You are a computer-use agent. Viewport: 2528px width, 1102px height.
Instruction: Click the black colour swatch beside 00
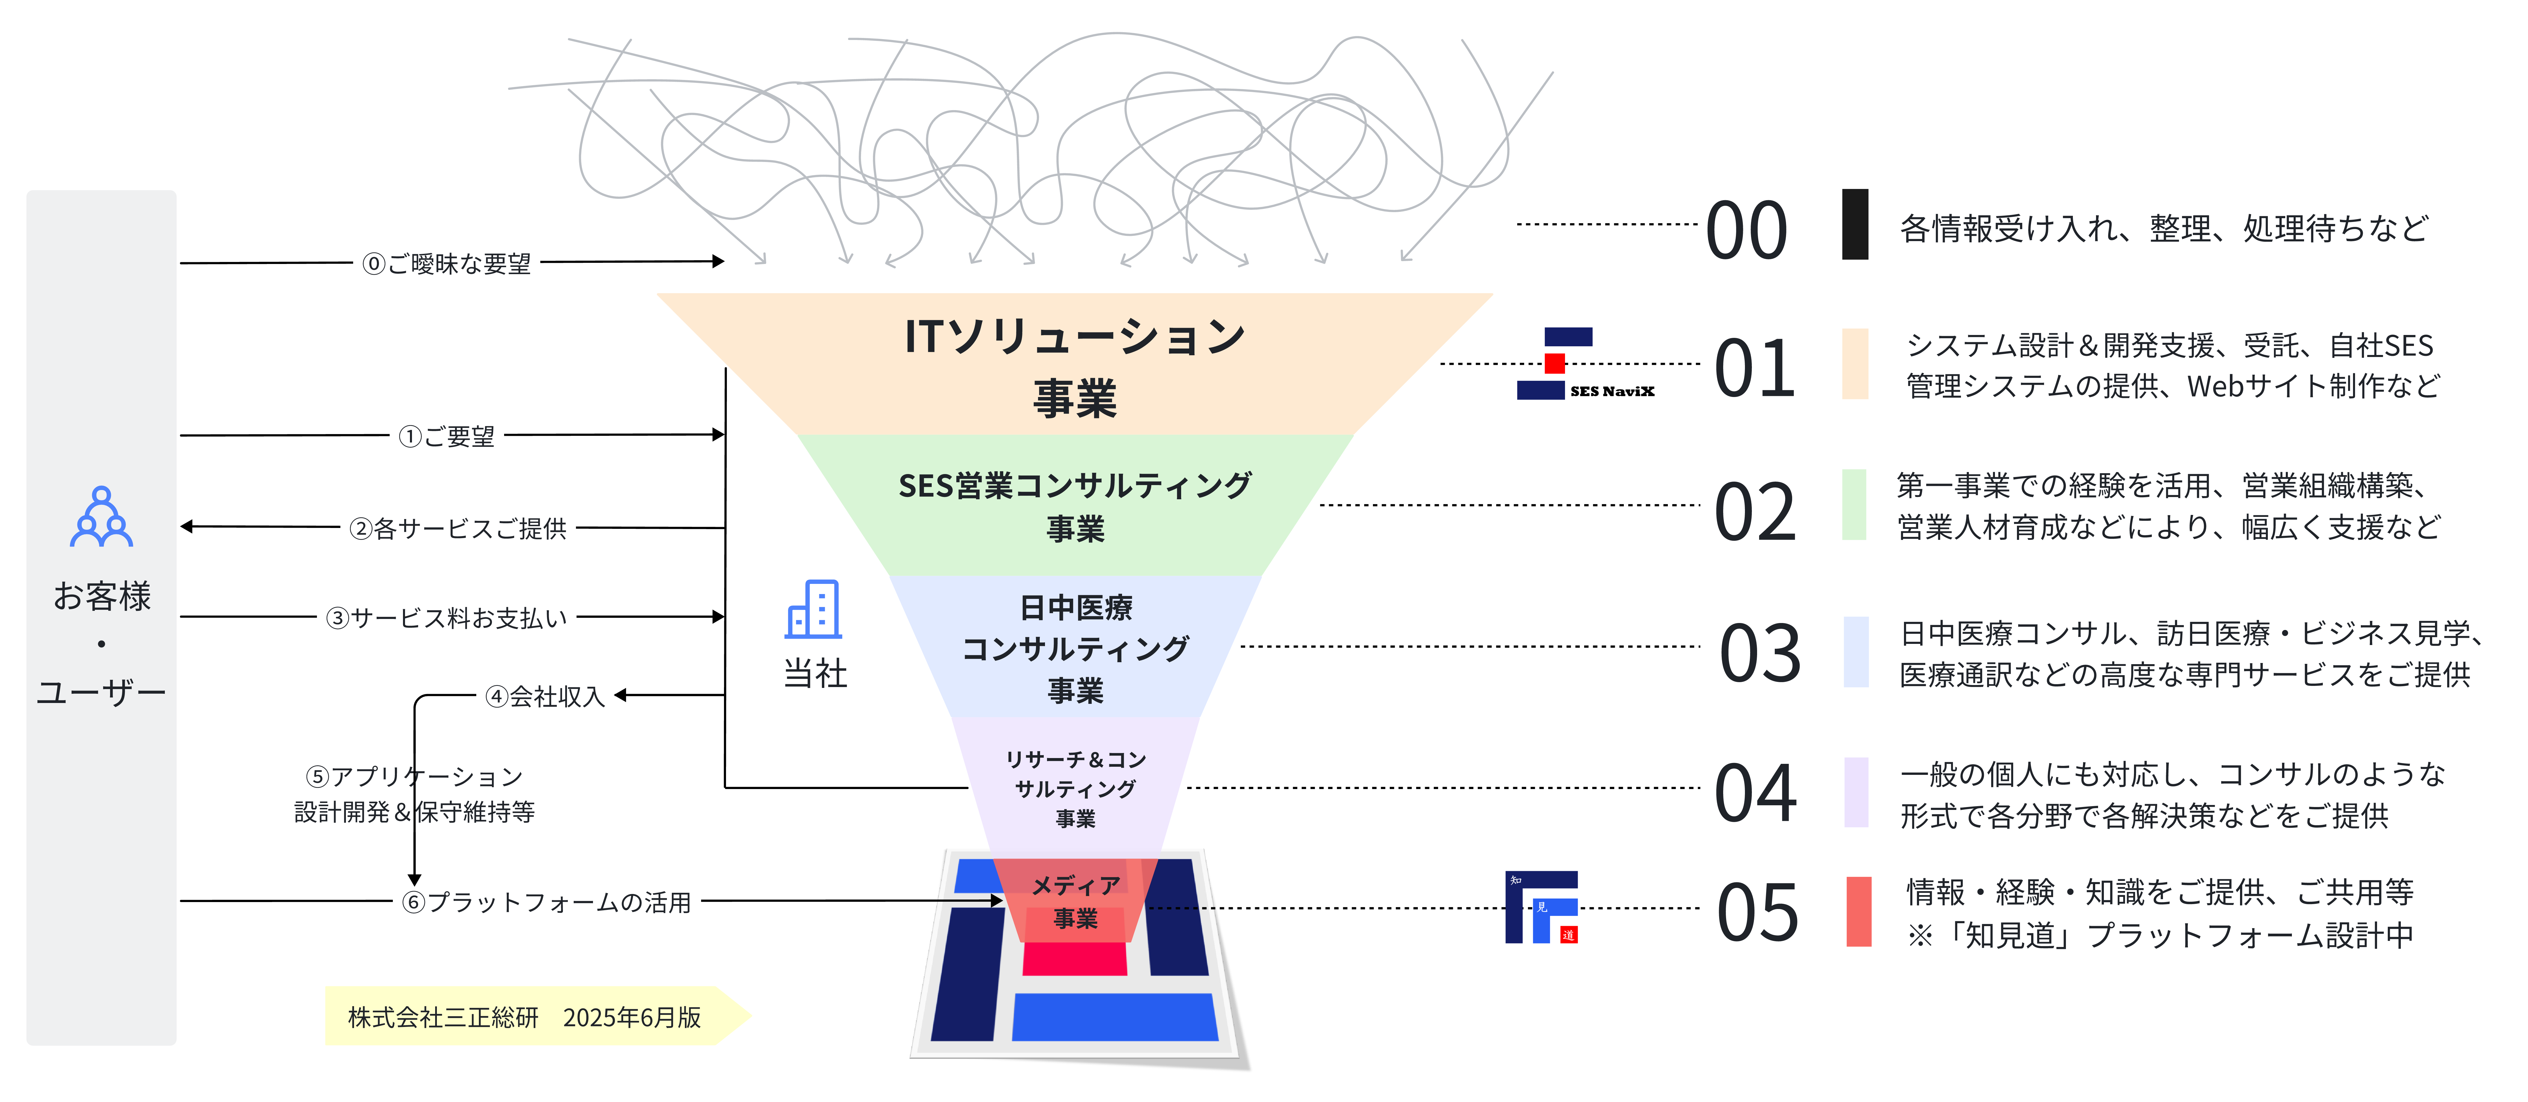1855,225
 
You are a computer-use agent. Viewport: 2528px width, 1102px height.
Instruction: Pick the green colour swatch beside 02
1854,504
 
